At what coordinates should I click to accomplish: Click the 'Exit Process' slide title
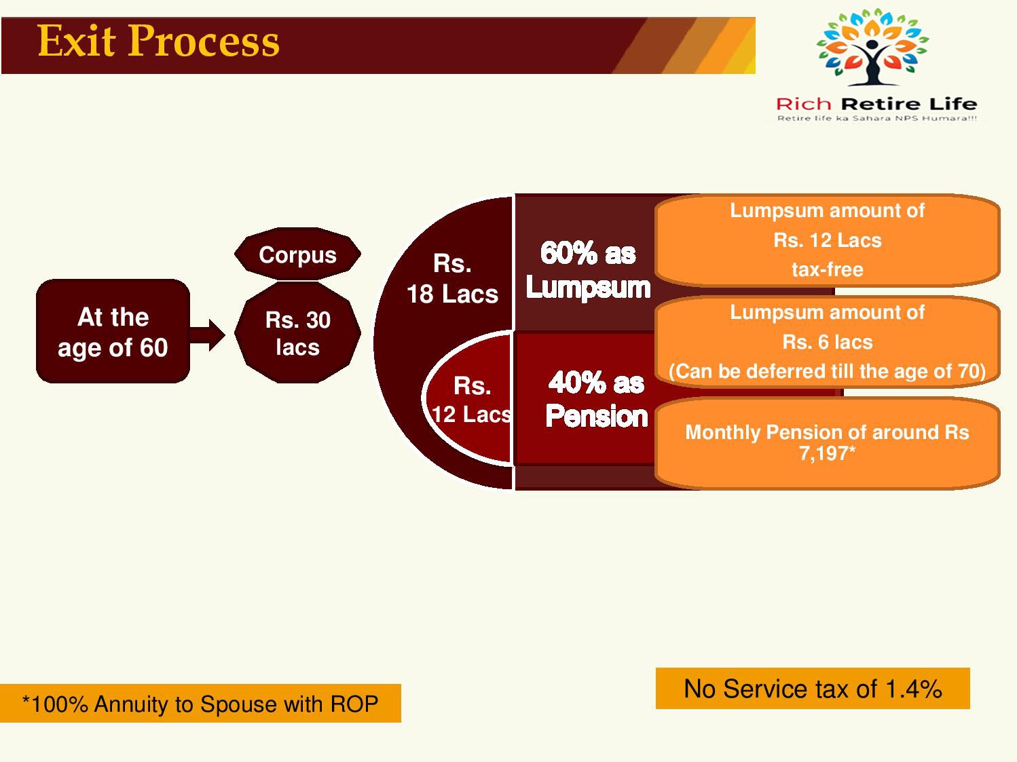point(158,41)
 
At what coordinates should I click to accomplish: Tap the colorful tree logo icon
point(872,47)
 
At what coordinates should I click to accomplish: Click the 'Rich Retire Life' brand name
point(876,104)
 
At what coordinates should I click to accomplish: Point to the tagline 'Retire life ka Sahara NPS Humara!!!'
point(877,119)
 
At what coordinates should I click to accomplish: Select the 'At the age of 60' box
point(113,331)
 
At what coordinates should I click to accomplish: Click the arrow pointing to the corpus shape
point(207,335)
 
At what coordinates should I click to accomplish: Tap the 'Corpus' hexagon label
point(297,254)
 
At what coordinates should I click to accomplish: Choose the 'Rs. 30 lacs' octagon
point(297,333)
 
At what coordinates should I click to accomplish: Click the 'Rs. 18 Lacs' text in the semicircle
point(452,279)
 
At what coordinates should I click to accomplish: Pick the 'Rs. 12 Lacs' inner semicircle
point(468,398)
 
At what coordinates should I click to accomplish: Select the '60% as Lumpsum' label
point(588,270)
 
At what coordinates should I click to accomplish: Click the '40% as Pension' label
point(596,398)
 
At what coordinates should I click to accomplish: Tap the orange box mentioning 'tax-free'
point(827,240)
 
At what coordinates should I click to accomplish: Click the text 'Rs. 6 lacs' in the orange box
point(828,342)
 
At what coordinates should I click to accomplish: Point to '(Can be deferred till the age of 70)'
point(827,371)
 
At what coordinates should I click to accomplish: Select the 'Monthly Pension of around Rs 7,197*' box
point(827,443)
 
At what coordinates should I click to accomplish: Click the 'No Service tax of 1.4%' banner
point(813,689)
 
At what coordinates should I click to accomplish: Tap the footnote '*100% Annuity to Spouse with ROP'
point(200,704)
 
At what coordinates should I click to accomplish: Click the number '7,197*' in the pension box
point(827,453)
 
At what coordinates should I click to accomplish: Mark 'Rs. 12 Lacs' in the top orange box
point(828,240)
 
